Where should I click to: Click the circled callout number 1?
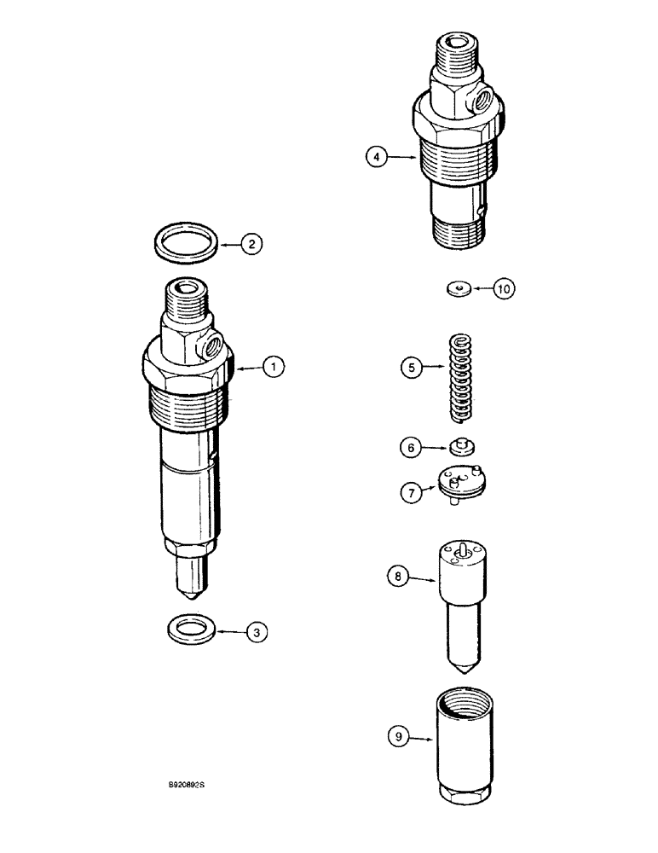click(x=272, y=368)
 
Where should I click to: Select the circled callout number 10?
click(x=504, y=289)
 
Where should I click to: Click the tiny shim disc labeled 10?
click(x=459, y=290)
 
